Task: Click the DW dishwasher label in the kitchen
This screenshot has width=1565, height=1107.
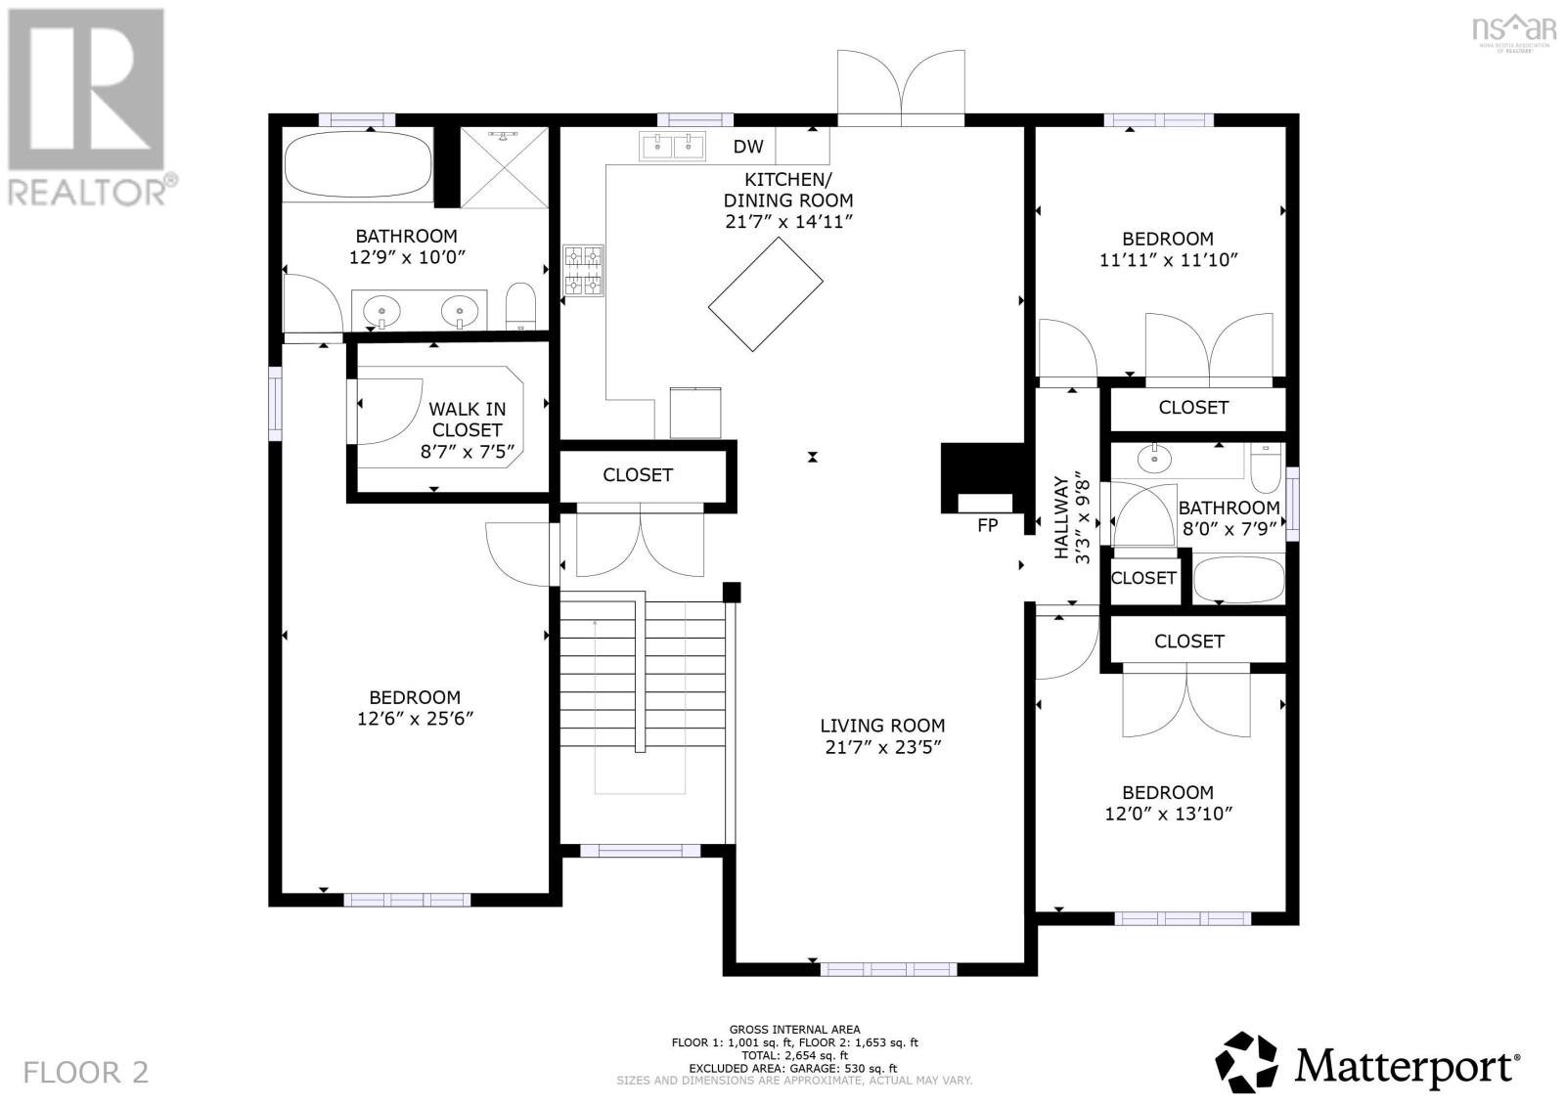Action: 748,147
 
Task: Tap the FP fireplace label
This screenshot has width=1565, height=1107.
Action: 987,525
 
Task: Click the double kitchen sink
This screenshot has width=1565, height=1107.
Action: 673,147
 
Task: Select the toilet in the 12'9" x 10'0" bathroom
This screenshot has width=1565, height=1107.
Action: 521,306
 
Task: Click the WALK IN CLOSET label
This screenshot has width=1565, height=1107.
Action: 467,420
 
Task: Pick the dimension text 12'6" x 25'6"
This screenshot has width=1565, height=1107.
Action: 415,719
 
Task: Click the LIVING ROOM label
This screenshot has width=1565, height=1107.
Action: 882,726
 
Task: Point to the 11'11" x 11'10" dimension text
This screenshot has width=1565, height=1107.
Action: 1168,260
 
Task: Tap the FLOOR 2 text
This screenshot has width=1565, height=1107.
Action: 86,1072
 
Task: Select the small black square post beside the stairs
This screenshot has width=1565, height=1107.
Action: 731,592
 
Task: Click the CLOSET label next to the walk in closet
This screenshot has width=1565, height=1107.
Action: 638,475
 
